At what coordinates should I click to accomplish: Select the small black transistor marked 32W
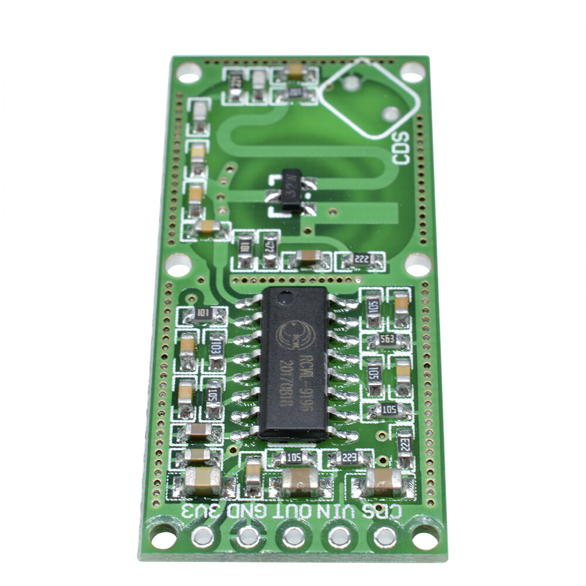291,190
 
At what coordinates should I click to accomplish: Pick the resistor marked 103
216,350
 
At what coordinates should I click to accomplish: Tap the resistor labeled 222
362,260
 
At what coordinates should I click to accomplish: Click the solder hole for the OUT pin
294,536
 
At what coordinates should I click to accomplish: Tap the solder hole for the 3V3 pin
203,535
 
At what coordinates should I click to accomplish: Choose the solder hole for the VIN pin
339,536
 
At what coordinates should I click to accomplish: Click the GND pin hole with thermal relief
248,536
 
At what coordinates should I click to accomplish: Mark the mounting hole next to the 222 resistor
417,265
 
